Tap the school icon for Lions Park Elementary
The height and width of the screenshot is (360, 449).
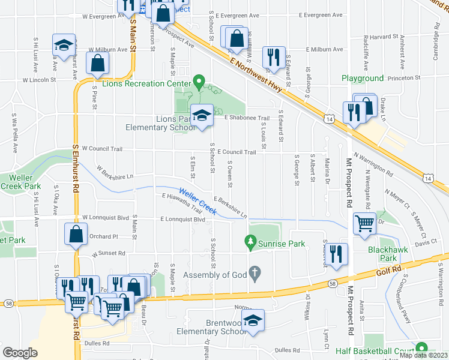tap(203, 115)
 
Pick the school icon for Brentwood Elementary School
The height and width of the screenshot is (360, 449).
tap(255, 321)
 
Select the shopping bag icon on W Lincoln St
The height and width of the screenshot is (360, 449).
tap(98, 64)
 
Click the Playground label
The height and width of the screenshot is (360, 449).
tap(363, 79)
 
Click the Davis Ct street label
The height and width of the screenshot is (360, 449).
tap(425, 243)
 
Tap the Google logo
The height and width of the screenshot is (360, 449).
tap(20, 353)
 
